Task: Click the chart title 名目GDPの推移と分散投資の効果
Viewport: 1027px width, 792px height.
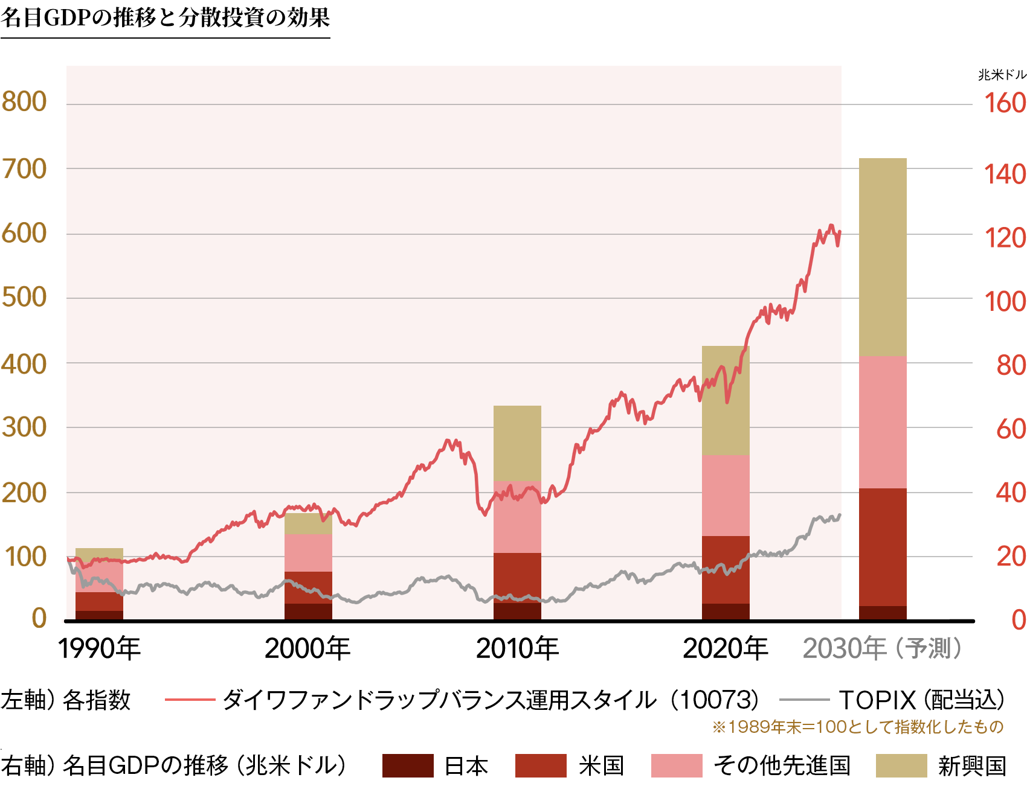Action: coord(165,18)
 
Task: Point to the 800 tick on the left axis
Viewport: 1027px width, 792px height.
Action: coord(24,101)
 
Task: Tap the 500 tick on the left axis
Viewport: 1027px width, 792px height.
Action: coord(24,297)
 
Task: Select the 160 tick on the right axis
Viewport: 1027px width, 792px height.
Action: coord(1005,103)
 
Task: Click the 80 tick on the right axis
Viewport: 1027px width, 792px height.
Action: coord(1011,365)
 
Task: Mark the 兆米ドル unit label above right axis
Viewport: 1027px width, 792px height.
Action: coord(1002,75)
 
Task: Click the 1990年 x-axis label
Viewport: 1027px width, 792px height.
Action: coord(99,649)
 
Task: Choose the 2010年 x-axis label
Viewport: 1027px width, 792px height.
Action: coord(517,649)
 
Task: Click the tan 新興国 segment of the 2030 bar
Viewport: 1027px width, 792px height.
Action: coord(883,257)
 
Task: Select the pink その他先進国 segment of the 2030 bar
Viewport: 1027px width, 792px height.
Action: coord(883,422)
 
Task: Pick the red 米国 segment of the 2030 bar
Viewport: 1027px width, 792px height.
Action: coord(883,546)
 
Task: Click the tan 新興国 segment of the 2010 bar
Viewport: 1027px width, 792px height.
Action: coord(517,443)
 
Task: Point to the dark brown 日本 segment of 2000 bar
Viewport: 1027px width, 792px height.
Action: coord(308,611)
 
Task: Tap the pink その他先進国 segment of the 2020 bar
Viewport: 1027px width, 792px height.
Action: coord(726,495)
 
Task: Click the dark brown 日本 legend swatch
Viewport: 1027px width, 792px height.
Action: coord(408,765)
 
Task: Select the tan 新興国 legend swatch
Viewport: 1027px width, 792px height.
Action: coord(901,765)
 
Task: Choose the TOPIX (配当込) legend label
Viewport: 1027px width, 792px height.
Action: coord(921,700)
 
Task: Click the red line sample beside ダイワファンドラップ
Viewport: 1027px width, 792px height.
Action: coord(190,700)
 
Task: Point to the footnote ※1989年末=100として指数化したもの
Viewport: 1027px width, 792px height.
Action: coord(857,727)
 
